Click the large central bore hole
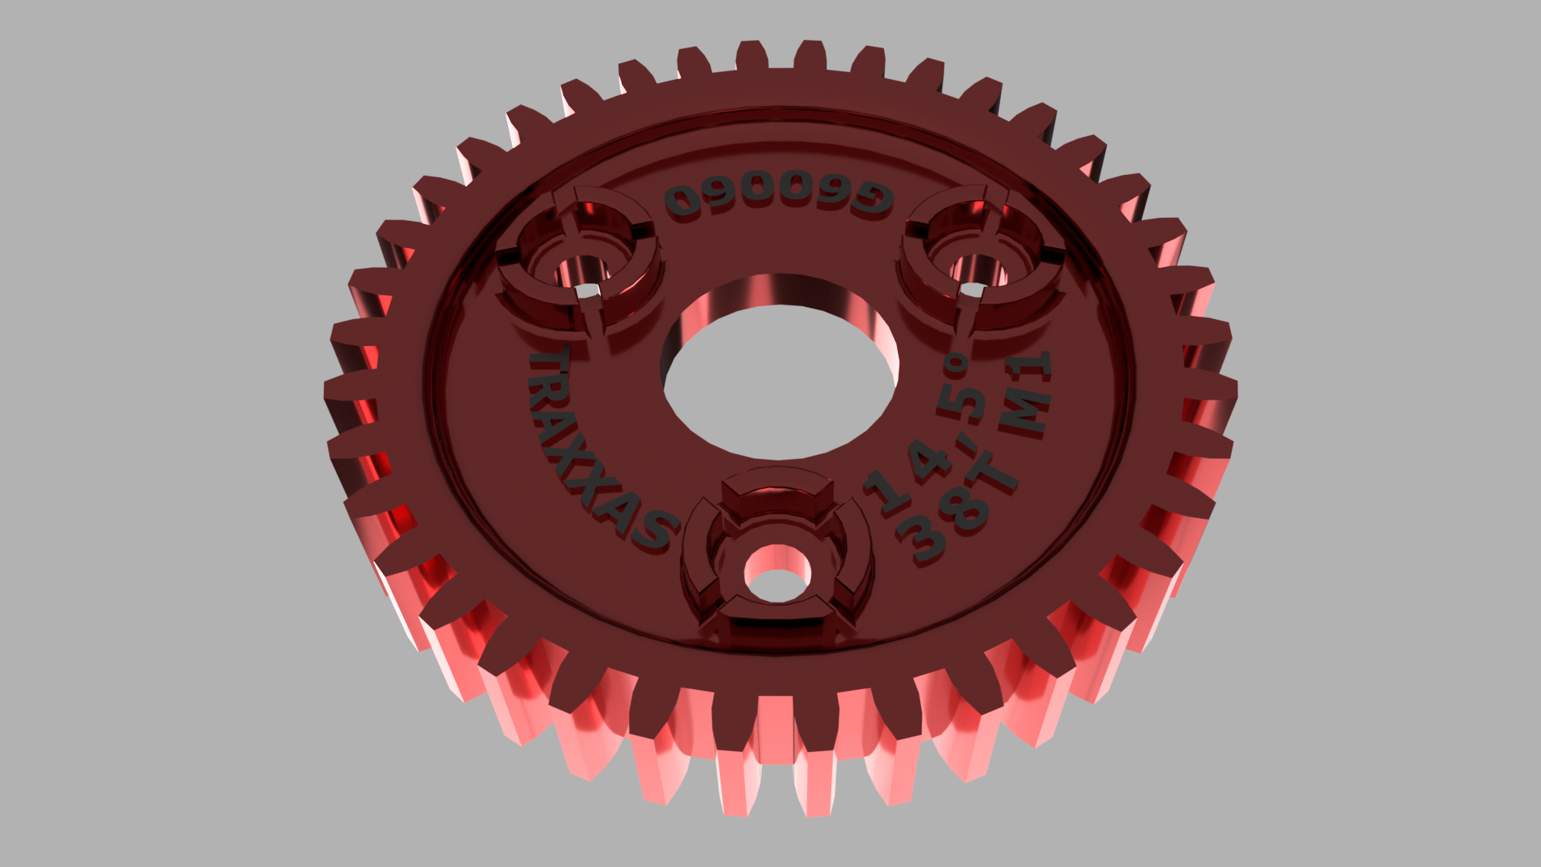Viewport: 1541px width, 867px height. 778,368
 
